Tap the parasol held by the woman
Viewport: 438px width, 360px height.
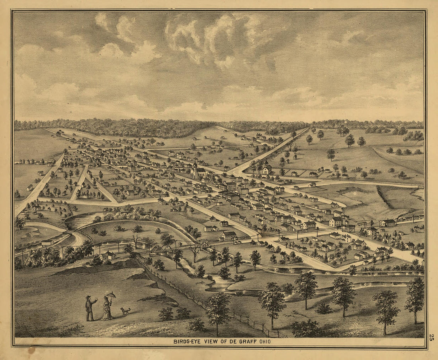pyautogui.click(x=111, y=295)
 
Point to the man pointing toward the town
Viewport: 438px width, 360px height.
pyautogui.click(x=90, y=308)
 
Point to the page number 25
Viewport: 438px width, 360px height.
pyautogui.click(x=431, y=337)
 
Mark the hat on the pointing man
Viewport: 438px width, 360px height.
pyautogui.click(x=88, y=297)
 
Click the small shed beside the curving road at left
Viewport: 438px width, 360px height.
pyautogui.click(x=47, y=242)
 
